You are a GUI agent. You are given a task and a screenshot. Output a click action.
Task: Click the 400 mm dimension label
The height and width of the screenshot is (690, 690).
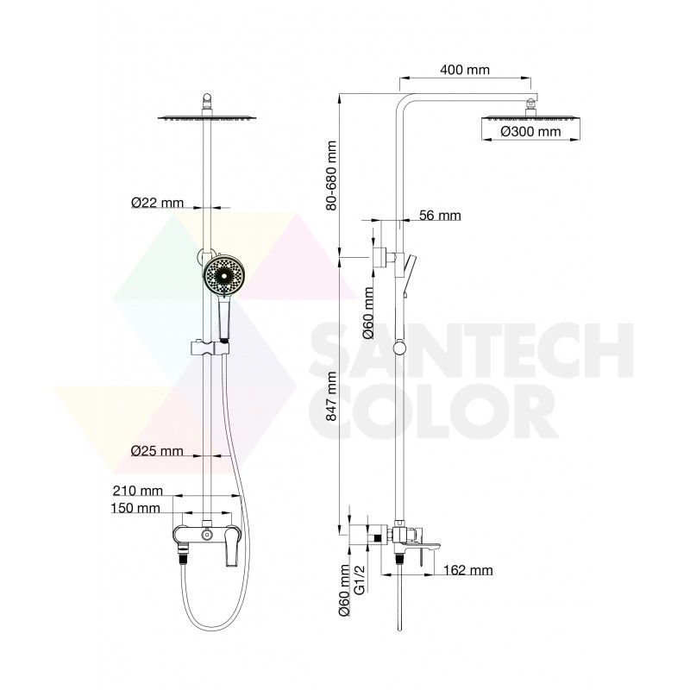[465, 70]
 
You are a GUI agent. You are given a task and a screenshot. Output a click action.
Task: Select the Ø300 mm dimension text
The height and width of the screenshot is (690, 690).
[530, 132]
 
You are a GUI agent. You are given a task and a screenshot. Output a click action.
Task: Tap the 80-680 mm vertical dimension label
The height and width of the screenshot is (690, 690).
[331, 176]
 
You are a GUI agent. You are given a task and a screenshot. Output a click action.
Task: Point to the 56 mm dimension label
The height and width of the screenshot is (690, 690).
[440, 216]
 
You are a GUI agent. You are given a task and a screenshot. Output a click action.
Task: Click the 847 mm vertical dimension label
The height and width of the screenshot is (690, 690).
[331, 397]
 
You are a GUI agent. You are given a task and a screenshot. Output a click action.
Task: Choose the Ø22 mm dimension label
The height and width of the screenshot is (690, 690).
[157, 203]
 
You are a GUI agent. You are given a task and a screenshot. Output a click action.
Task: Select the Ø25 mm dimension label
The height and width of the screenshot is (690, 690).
[157, 451]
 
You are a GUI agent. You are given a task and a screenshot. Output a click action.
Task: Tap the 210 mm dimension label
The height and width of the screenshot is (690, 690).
[138, 491]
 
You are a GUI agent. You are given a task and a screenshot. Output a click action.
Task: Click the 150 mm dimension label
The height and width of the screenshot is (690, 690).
[135, 508]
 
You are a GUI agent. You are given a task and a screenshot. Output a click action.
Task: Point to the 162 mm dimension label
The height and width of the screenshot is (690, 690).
[467, 570]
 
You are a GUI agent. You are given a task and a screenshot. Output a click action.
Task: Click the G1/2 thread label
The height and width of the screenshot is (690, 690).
[360, 580]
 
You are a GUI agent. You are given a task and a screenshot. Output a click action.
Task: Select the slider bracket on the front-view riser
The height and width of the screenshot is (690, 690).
[210, 348]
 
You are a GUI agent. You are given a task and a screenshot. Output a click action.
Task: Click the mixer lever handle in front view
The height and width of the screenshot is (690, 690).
[232, 547]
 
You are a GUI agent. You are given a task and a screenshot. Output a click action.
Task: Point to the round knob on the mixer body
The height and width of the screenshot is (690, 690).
[206, 535]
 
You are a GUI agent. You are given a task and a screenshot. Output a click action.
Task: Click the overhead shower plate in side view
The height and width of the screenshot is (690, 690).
[530, 118]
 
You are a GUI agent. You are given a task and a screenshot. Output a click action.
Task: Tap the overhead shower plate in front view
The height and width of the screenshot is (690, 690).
[207, 118]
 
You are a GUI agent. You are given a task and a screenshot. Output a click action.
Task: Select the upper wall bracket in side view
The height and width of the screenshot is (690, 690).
[379, 257]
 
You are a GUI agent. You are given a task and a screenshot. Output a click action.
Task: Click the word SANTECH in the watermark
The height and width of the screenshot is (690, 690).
[472, 351]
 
